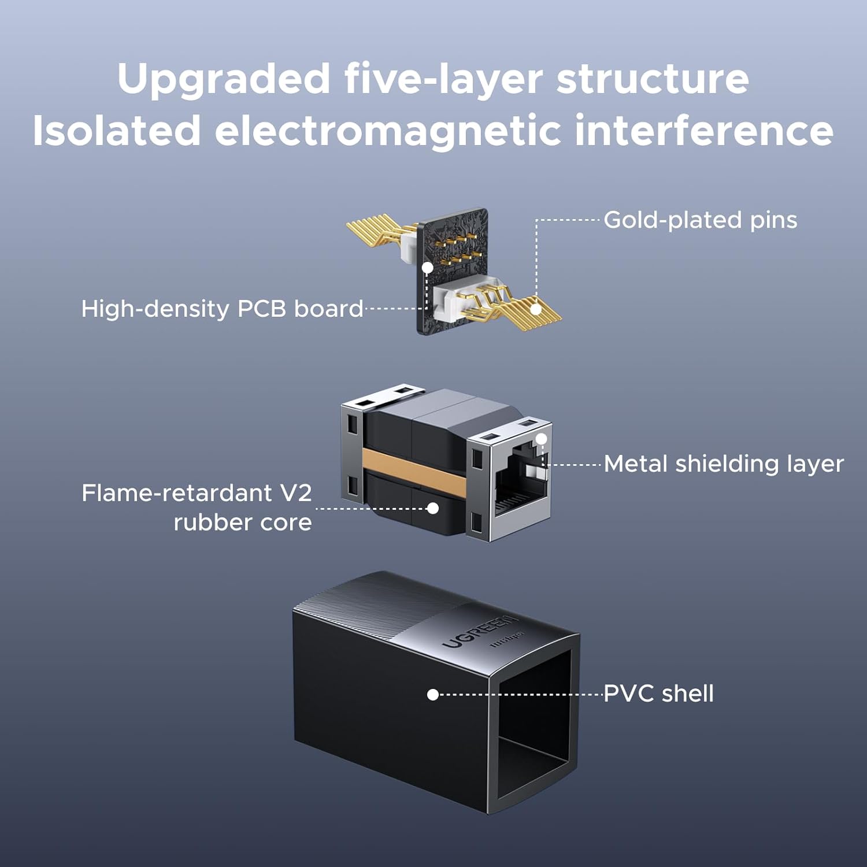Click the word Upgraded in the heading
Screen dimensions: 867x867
223,79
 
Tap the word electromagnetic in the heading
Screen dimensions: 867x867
388,130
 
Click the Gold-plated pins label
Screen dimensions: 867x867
701,220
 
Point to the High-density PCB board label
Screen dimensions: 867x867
222,309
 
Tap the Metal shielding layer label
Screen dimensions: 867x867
724,464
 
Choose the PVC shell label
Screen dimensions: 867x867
659,693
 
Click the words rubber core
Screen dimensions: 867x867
243,523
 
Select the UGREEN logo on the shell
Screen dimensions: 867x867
480,631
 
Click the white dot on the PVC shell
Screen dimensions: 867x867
433,694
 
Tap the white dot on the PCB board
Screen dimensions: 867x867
427,268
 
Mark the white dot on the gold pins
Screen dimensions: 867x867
536,309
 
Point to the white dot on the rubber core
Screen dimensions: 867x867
433,509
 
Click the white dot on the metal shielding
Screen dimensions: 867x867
542,439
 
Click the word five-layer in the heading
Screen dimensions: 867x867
443,79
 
